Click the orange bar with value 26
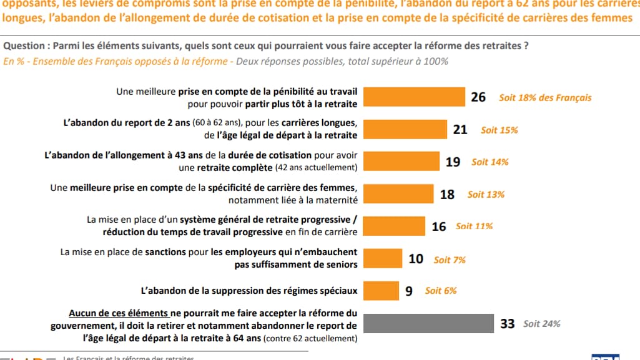coord(414,97)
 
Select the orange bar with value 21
coord(405,130)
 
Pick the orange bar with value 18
coord(398,194)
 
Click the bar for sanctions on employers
coord(383,258)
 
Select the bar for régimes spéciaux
coord(381,291)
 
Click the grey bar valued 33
coord(428,324)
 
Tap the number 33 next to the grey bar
coord(508,324)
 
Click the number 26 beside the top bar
coord(479,98)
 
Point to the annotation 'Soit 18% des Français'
coord(545,98)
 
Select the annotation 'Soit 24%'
coord(541,324)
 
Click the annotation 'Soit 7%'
coord(450,259)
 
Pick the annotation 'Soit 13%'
coord(486,195)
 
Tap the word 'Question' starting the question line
coord(24,46)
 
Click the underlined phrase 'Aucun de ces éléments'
coord(119,314)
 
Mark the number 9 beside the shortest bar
coord(409,291)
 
